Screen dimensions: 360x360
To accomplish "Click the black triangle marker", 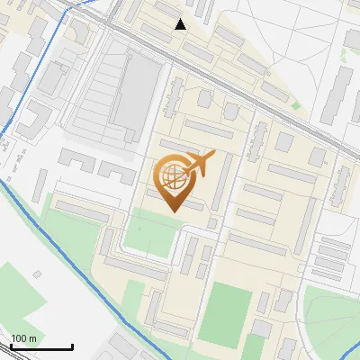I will [181, 24].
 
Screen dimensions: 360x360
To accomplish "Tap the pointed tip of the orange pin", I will [174, 212].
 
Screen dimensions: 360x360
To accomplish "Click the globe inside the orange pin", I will [174, 177].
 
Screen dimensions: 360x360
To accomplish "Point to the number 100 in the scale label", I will [20, 338].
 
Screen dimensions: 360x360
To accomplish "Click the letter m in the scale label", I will [33, 338].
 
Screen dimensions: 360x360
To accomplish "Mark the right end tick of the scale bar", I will [72, 346].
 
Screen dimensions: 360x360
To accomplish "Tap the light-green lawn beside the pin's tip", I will [148, 229].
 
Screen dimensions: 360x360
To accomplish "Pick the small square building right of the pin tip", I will [212, 222].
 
